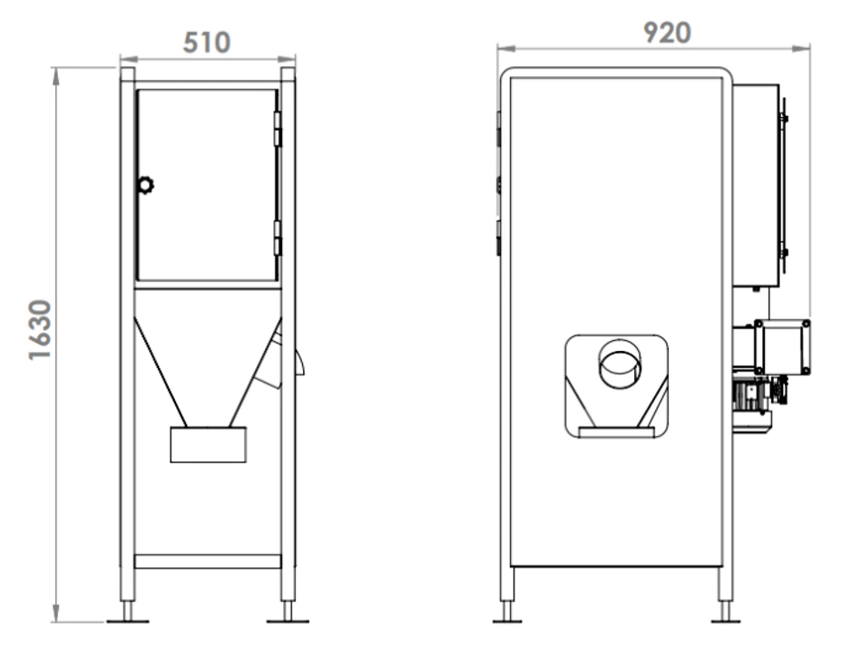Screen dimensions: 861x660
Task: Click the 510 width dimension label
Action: click(207, 43)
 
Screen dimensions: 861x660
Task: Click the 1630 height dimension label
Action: click(40, 330)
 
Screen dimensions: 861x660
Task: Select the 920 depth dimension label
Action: click(667, 33)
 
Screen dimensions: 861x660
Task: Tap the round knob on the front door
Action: click(145, 185)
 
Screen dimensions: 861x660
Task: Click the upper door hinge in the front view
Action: click(278, 129)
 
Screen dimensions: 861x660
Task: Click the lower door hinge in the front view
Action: click(278, 238)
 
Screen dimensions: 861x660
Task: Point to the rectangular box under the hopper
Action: click(208, 444)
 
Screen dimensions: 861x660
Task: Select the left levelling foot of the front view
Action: click(128, 612)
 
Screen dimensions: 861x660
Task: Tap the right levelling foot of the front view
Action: click(288, 612)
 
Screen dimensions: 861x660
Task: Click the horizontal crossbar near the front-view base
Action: click(208, 561)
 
